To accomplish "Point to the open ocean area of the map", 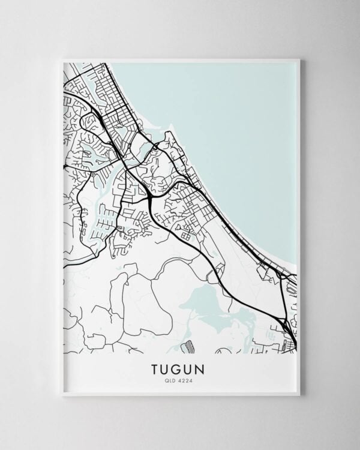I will point(240,120).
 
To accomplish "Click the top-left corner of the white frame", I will point(62,59).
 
